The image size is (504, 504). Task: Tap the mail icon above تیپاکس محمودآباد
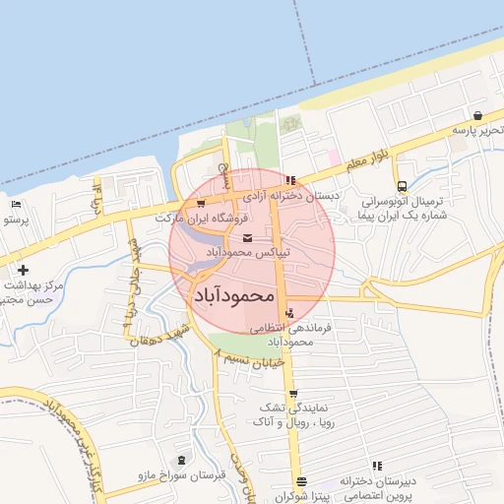click(x=245, y=239)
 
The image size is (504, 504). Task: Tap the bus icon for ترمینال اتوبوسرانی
click(x=402, y=186)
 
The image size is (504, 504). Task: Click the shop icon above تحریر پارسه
click(x=477, y=115)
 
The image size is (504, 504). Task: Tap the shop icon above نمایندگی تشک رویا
click(x=292, y=394)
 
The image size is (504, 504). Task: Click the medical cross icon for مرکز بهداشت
click(x=22, y=270)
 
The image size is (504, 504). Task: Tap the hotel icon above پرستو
click(x=16, y=205)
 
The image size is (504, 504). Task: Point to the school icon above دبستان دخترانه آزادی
click(x=289, y=180)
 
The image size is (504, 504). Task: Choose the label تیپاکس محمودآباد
click(x=245, y=253)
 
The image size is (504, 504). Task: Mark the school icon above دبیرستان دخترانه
click(x=376, y=467)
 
